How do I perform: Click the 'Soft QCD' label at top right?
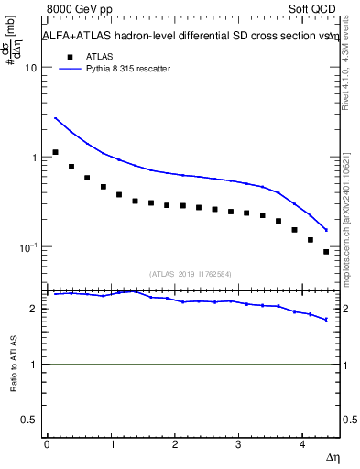(313, 10)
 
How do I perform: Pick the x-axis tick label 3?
(238, 443)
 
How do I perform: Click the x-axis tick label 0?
(47, 443)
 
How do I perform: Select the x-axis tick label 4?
(302, 443)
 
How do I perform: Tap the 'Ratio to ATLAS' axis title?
(13, 365)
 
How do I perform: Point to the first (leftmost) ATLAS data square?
(55, 152)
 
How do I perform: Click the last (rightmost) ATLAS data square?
(326, 251)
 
